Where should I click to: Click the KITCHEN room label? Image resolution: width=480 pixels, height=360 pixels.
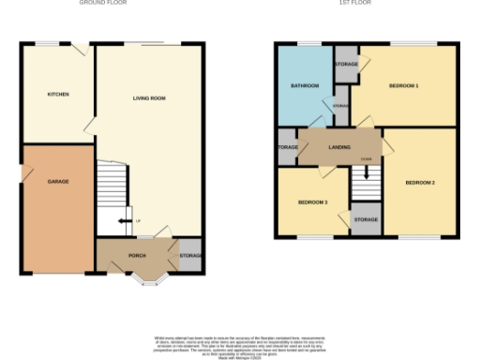[58, 95]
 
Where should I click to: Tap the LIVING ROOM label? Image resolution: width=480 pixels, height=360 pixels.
[148, 97]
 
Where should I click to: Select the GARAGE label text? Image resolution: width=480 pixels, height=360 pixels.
[58, 181]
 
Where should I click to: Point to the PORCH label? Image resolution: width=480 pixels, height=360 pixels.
[137, 255]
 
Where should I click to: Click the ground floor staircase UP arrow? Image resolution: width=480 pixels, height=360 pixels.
[123, 221]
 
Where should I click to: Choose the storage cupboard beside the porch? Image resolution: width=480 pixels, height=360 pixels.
[191, 255]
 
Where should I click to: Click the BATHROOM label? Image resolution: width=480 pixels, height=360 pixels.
[305, 86]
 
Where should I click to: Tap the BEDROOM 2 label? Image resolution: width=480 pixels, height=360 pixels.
[419, 182]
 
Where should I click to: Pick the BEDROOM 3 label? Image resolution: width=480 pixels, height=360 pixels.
[313, 202]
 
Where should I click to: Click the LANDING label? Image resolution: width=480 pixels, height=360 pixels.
[339, 147]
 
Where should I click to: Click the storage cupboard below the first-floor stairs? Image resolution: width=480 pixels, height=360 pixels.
[366, 220]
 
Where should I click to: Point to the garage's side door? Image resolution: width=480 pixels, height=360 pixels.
[24, 174]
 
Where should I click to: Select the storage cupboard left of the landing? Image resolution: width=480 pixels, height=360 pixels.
[285, 148]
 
